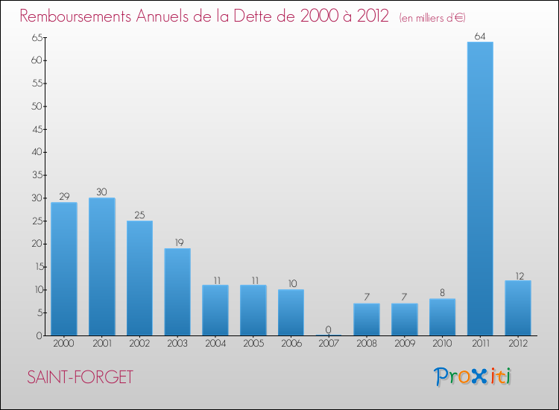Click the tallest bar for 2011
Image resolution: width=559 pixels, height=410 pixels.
click(480, 189)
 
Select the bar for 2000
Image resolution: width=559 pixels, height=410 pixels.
click(63, 269)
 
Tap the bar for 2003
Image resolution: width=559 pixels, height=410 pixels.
click(177, 292)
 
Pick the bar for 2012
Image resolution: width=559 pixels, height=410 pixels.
click(518, 308)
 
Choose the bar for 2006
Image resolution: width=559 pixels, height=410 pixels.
click(291, 312)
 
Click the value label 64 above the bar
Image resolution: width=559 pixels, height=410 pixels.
click(480, 35)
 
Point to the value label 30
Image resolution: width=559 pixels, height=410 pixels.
click(101, 192)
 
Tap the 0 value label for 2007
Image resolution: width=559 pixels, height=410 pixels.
click(328, 329)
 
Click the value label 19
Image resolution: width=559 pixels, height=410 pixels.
click(177, 242)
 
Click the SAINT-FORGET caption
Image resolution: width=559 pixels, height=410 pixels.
click(80, 377)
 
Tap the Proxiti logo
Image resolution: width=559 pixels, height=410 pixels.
click(473, 377)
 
